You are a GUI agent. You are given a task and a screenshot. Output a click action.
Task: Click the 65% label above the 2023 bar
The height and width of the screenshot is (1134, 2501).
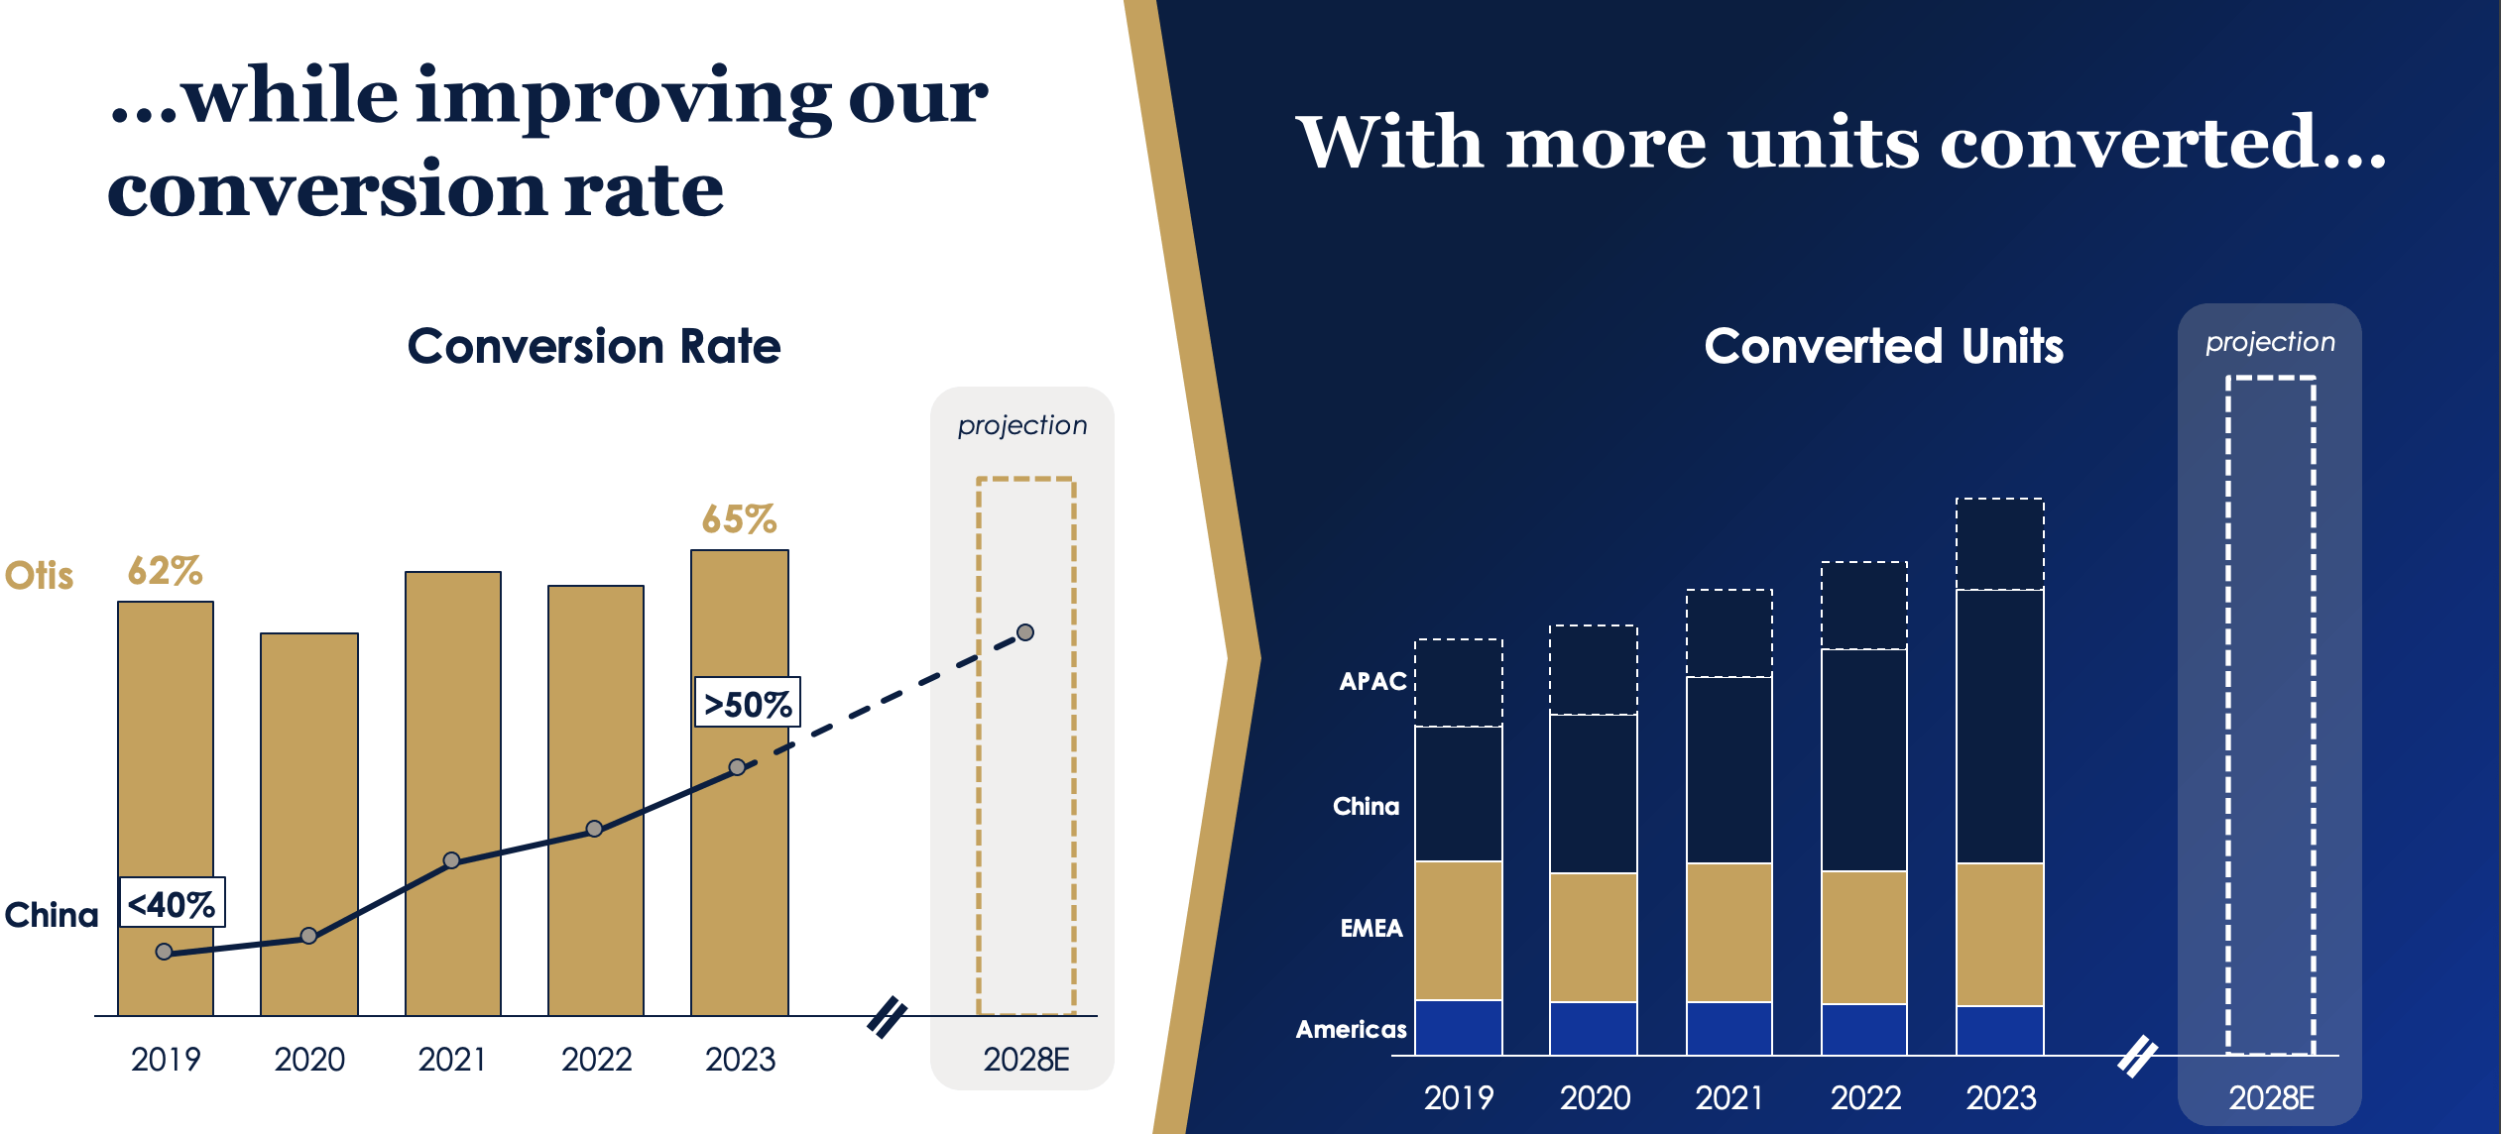pyautogui.click(x=739, y=519)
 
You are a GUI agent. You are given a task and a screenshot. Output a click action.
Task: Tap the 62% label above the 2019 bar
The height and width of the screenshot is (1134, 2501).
pyautogui.click(x=165, y=571)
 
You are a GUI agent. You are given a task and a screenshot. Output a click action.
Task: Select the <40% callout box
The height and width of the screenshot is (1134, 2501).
pyautogui.click(x=173, y=903)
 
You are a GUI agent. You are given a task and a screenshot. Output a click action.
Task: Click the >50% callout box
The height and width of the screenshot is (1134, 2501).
pyautogui.click(x=747, y=703)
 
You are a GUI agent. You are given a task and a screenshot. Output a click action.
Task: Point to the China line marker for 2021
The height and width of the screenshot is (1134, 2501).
pyautogui.click(x=451, y=859)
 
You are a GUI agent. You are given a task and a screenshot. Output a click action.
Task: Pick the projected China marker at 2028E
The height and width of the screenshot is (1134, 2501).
pyautogui.click(x=1025, y=632)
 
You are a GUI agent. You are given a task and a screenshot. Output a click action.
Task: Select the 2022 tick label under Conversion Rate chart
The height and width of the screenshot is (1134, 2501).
pyautogui.click(x=596, y=1060)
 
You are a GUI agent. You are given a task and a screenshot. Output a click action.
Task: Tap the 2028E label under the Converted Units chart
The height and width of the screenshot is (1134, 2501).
pyautogui.click(x=2271, y=1098)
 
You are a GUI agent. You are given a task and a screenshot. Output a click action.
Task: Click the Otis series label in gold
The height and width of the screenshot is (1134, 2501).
pyautogui.click(x=40, y=575)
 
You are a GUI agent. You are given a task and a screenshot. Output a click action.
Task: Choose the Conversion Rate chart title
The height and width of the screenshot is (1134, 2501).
pyautogui.click(x=594, y=347)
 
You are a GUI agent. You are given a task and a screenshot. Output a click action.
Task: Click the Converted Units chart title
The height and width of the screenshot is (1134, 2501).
pyautogui.click(x=1883, y=347)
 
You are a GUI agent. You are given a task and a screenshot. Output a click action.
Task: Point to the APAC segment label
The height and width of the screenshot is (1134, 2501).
pyautogui.click(x=1372, y=681)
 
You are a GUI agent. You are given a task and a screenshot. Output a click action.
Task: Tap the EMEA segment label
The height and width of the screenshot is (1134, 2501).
pyautogui.click(x=1371, y=928)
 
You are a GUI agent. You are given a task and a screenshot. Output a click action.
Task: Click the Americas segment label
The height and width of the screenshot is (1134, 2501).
pyautogui.click(x=1351, y=1029)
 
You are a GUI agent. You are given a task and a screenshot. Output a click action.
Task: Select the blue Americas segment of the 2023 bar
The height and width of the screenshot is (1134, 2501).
pyautogui.click(x=1999, y=1030)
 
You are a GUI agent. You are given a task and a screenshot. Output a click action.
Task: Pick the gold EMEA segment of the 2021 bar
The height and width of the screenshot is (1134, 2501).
pyautogui.click(x=1728, y=932)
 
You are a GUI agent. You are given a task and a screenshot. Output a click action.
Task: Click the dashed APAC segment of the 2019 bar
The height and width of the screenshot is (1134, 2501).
pyautogui.click(x=1458, y=682)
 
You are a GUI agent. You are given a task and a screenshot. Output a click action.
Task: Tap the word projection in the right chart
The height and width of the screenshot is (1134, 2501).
pyautogui.click(x=2270, y=342)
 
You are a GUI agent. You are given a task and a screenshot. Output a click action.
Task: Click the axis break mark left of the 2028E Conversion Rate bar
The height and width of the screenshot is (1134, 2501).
pyautogui.click(x=888, y=1016)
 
